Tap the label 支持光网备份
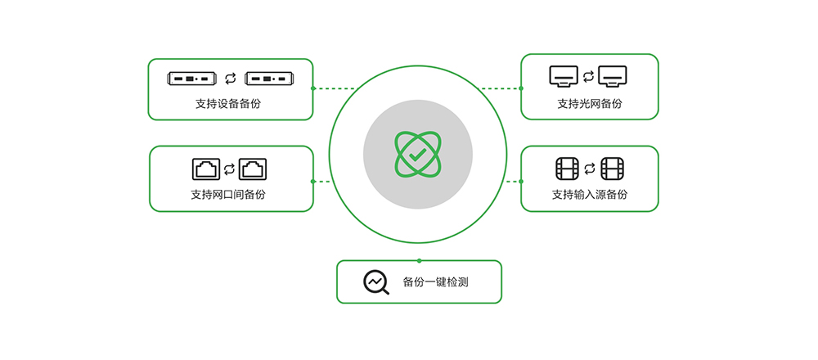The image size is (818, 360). (589, 104)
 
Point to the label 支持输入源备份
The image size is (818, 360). (589, 195)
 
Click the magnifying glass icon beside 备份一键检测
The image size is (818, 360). (375, 282)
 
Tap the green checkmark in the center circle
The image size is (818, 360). (417, 154)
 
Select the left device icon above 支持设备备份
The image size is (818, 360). (191, 78)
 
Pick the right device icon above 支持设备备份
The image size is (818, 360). (267, 78)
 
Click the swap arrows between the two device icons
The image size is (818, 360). (230, 78)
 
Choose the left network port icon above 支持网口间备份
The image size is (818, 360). (206, 169)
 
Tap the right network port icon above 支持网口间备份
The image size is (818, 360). (253, 169)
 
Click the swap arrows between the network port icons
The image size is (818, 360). (230, 169)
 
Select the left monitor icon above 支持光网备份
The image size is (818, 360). (564, 77)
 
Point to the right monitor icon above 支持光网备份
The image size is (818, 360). (613, 77)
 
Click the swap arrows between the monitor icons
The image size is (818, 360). (589, 77)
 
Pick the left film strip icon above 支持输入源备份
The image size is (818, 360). (567, 169)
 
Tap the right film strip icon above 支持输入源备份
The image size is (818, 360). (613, 169)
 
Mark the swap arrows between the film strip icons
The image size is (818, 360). (590, 169)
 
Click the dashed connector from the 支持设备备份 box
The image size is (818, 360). (335, 88)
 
